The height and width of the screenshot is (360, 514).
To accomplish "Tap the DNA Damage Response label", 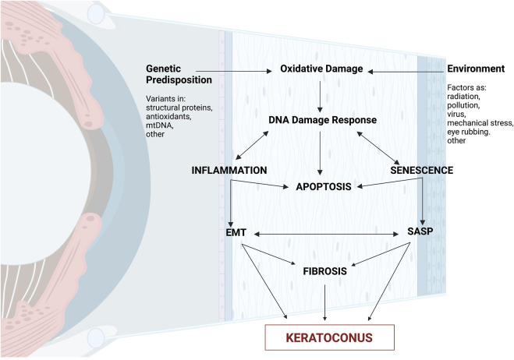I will pos(323,120).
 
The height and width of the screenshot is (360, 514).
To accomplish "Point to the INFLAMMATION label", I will pos(231,169).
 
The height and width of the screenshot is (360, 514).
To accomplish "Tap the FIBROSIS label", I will pos(322,274).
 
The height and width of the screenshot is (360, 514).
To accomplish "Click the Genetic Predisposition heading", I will pos(177,75).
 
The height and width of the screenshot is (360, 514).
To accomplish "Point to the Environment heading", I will pos(477,70).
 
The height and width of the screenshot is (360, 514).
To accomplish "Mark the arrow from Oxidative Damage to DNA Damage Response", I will pos(322,95).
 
